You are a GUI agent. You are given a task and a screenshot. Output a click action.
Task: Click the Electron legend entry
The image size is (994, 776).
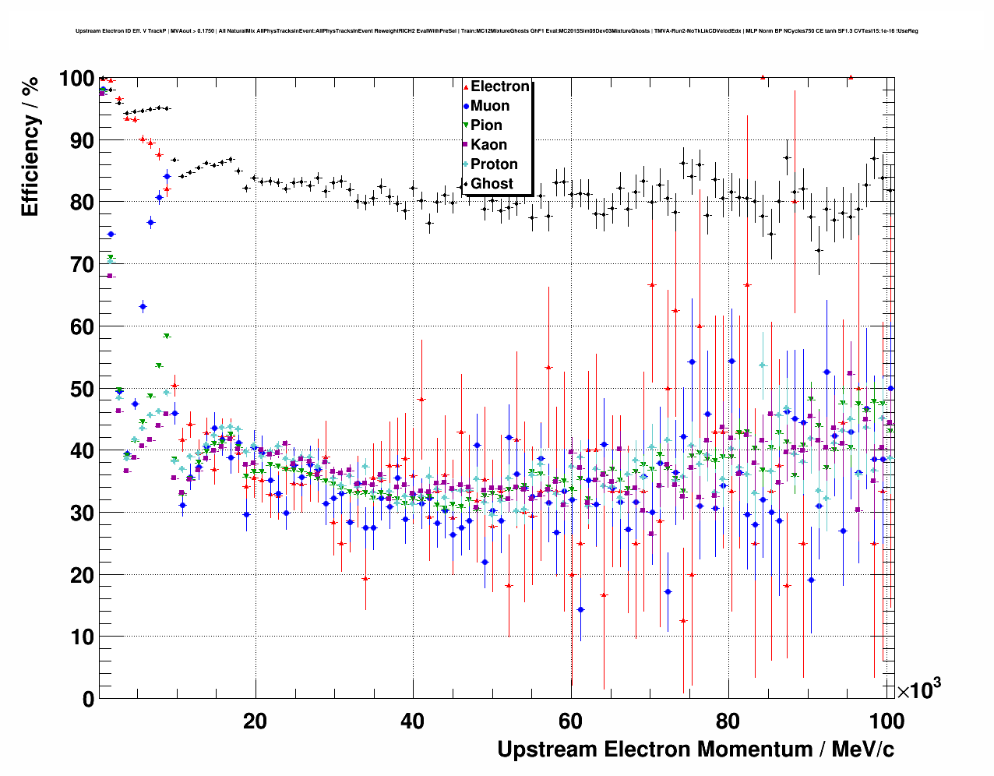pos(499,86)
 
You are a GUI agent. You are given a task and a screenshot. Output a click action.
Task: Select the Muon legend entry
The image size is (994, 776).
pos(490,106)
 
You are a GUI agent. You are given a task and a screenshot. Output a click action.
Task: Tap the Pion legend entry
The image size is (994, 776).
pos(486,125)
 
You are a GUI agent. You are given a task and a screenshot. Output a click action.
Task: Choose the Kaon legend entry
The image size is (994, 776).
pos(488,145)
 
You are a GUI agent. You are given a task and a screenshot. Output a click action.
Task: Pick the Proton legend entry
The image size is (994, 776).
pos(494,164)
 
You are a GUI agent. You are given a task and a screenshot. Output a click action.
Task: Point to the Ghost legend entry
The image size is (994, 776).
pos(492,184)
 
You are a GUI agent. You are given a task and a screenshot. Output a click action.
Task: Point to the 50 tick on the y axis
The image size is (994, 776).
pos(81,389)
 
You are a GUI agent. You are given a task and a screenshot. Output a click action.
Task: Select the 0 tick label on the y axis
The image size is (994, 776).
pos(88,699)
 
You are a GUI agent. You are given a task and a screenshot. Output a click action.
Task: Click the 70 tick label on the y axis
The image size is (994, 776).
pos(81,265)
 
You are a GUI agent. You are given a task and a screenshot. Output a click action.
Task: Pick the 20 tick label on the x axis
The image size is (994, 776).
pos(255,721)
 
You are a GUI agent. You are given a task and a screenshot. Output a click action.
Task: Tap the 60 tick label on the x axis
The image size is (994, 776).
pos(570,721)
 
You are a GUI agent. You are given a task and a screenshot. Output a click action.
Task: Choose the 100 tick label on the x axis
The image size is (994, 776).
pos(886,721)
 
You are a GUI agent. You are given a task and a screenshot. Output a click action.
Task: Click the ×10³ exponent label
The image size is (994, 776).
pos(918,690)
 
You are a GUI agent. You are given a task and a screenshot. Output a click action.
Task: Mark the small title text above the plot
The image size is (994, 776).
pos(497,31)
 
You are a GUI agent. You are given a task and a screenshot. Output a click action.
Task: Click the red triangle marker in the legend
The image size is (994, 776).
pos(466,87)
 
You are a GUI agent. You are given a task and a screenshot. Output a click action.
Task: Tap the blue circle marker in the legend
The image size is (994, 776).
pos(466,106)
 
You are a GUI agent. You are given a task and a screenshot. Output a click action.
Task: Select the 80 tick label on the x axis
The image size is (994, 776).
pos(728,721)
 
